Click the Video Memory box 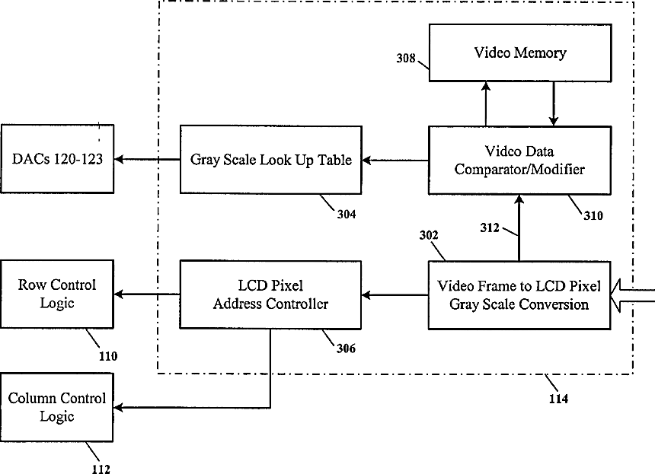(x=519, y=52)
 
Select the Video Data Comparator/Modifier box (x=519, y=160)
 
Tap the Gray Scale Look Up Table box (x=270, y=160)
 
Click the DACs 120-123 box (x=58, y=159)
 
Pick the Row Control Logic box (x=58, y=294)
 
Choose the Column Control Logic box (x=58, y=407)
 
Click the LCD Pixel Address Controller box (x=270, y=294)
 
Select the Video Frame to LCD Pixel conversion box (x=519, y=295)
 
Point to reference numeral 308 (x=406, y=59)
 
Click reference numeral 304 (x=345, y=214)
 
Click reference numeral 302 (x=429, y=236)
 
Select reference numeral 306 (x=345, y=348)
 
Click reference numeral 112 (x=100, y=469)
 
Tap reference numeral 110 (x=107, y=355)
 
